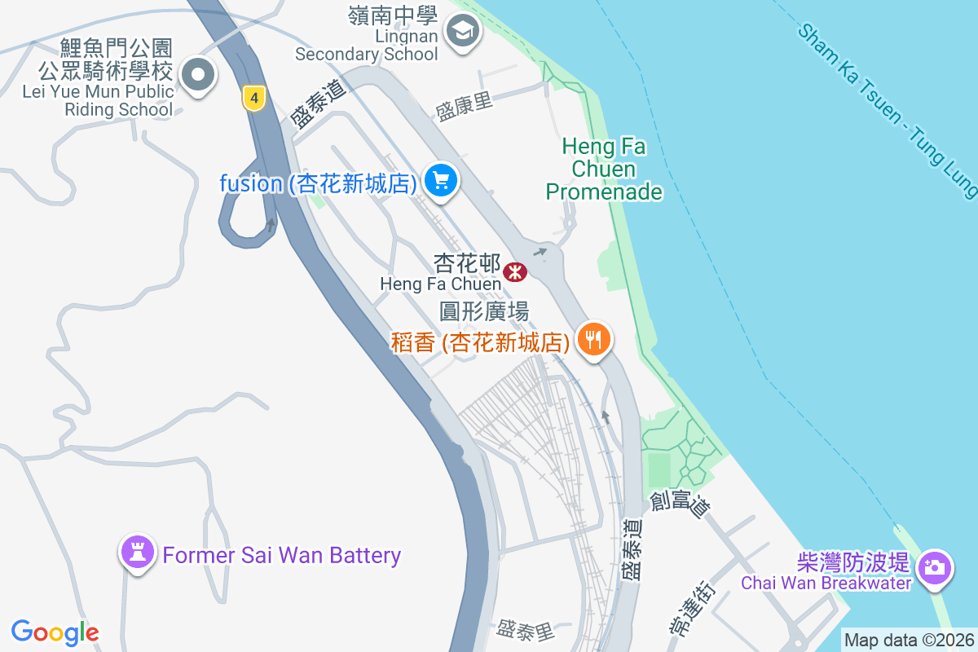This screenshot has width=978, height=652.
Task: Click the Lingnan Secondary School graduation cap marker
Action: pyautogui.click(x=463, y=33)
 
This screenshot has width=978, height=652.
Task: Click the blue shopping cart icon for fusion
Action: pyautogui.click(x=441, y=180)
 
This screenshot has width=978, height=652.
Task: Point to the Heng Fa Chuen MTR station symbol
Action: pyautogui.click(x=515, y=272)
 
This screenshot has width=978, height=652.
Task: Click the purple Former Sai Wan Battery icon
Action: pyautogui.click(x=137, y=553)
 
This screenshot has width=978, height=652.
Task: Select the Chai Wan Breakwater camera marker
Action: pyautogui.click(x=935, y=566)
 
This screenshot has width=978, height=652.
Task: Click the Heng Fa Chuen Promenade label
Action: pyautogui.click(x=604, y=170)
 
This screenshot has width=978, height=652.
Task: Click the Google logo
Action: pyautogui.click(x=55, y=632)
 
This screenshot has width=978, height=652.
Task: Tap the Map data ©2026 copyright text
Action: pyautogui.click(x=909, y=640)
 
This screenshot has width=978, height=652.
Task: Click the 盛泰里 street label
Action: pyautogui.click(x=526, y=630)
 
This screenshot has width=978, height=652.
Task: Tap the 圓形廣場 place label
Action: pyautogui.click(x=484, y=311)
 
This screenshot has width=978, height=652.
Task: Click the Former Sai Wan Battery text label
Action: pyautogui.click(x=282, y=556)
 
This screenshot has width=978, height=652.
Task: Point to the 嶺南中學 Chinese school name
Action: pyautogui.click(x=393, y=15)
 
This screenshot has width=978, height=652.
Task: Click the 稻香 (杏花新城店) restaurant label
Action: pyautogui.click(x=480, y=342)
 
